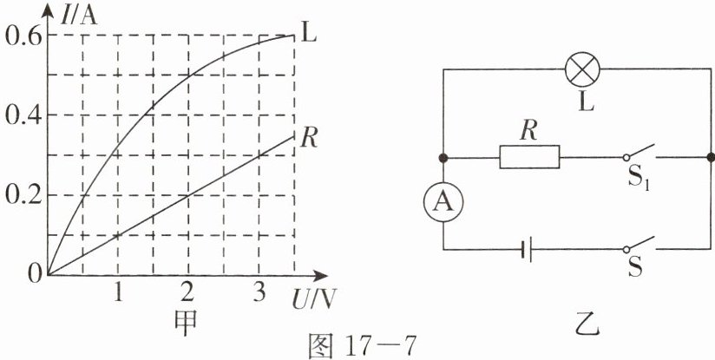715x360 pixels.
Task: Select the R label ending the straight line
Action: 308,136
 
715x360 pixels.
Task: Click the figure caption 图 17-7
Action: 364,345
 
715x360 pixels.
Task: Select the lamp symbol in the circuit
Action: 579,69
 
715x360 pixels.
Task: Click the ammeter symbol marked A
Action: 443,202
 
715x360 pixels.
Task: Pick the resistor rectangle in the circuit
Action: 529,158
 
